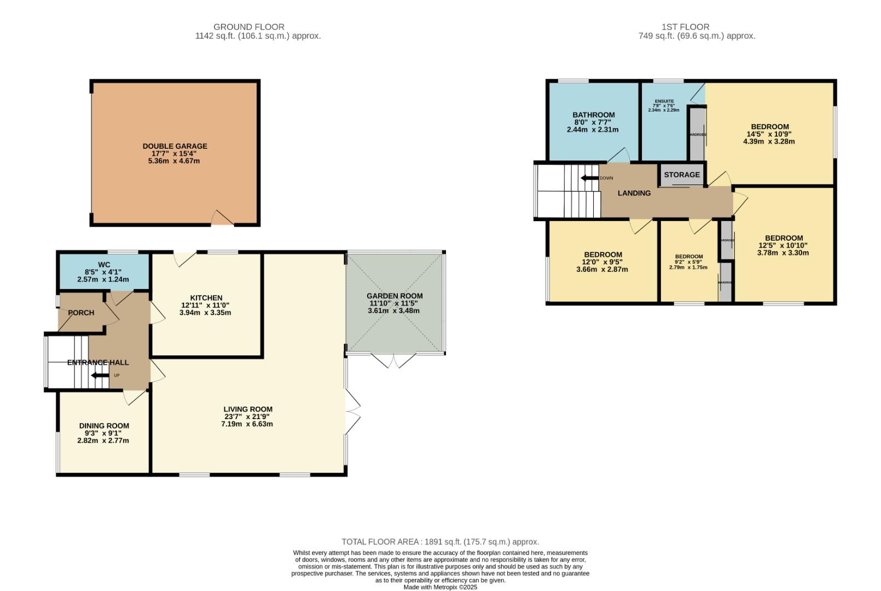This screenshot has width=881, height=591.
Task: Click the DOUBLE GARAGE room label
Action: pos(175,146)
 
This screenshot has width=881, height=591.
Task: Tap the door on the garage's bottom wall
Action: pos(223,218)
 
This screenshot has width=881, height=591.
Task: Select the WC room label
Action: pos(104,264)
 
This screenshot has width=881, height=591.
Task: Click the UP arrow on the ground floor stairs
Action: pos(100,375)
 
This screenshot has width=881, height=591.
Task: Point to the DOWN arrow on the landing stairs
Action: pos(589,178)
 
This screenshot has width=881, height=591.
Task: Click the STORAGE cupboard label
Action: pos(681,175)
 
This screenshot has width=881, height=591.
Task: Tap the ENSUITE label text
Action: pos(664,101)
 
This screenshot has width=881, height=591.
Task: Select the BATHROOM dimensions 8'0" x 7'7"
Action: pos(593,123)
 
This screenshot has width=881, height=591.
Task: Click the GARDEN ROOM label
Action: pos(394,296)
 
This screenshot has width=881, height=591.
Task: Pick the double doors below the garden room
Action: pos(393,361)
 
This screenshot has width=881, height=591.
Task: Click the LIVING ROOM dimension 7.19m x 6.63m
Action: pos(247,424)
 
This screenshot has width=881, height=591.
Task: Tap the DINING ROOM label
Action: pos(104,426)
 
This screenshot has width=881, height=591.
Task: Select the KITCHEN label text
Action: pos(206,298)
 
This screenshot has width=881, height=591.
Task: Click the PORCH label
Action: pos(81,313)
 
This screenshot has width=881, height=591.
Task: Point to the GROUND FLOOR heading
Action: pos(248,27)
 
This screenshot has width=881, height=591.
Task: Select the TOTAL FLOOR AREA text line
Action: pos(440,542)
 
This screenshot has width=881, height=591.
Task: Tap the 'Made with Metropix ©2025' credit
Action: pos(440,587)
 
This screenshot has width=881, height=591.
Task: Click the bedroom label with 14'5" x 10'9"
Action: pos(769,127)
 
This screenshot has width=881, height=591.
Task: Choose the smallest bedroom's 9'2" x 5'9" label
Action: pos(688,262)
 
